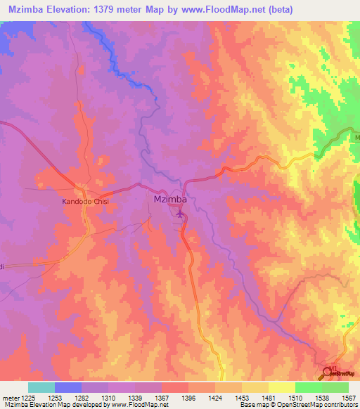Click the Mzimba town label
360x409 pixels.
169,200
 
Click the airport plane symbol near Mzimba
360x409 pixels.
180,213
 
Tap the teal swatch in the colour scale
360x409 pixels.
41,387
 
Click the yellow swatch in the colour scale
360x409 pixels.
281,387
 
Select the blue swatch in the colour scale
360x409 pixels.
68,387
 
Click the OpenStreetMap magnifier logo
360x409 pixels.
327,372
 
